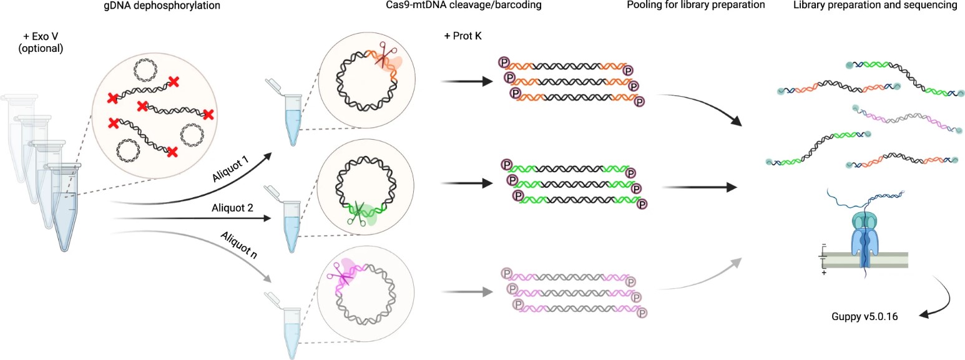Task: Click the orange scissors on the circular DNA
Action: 381,58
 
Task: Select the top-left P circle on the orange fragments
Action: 504,62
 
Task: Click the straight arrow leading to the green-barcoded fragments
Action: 465,184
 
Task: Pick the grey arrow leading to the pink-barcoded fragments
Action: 465,290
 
